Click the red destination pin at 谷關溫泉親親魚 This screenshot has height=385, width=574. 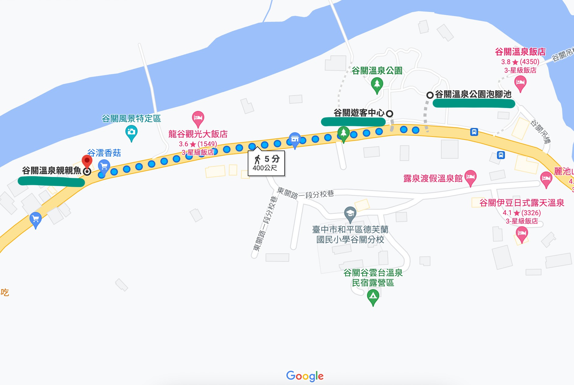coord(87,161)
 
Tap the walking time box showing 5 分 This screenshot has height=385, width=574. coord(266,163)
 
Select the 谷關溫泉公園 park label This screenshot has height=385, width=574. coord(377,71)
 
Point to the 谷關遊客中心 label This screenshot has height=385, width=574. coord(359,113)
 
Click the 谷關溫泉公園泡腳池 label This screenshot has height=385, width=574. coord(473,94)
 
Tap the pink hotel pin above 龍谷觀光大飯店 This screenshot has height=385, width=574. coord(198,118)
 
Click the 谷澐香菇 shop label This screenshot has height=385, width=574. coord(104,153)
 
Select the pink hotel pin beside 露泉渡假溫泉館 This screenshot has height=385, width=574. coord(471,177)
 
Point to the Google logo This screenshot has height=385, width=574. coord(305,376)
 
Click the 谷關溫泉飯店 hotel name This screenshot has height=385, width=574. coord(520,52)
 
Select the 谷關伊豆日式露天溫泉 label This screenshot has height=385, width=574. coord(522,203)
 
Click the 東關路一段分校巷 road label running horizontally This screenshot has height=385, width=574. coord(305,193)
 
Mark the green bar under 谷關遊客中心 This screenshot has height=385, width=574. coord(353,122)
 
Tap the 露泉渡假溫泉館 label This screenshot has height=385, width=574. coord(433,179)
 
